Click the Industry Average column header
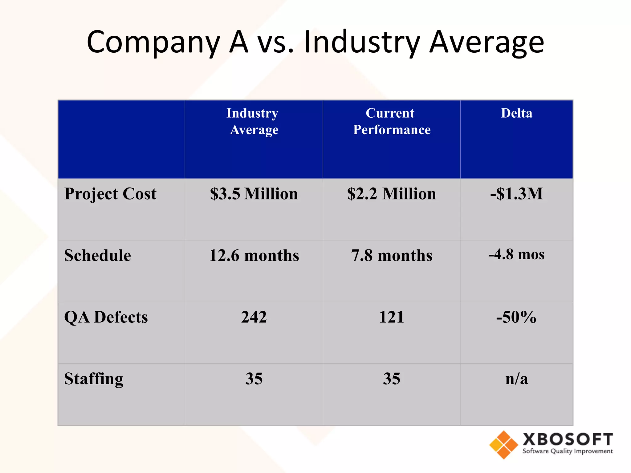coord(253,121)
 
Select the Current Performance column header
coord(391,121)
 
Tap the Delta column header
coord(516,113)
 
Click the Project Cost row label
coord(110,194)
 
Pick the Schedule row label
coord(97,256)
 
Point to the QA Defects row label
coord(106,317)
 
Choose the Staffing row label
coord(94,379)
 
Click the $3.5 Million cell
coord(254,194)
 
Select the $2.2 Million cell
coord(391,194)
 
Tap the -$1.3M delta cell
coord(516,194)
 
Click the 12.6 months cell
coord(254,256)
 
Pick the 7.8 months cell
coord(391,256)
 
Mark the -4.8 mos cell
coord(516,255)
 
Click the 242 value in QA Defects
coord(254,317)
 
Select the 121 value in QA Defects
coord(391,317)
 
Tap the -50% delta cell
coord(516,317)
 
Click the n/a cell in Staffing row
coord(516,379)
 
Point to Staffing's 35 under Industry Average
coord(254,379)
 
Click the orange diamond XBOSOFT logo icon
coord(503,445)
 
